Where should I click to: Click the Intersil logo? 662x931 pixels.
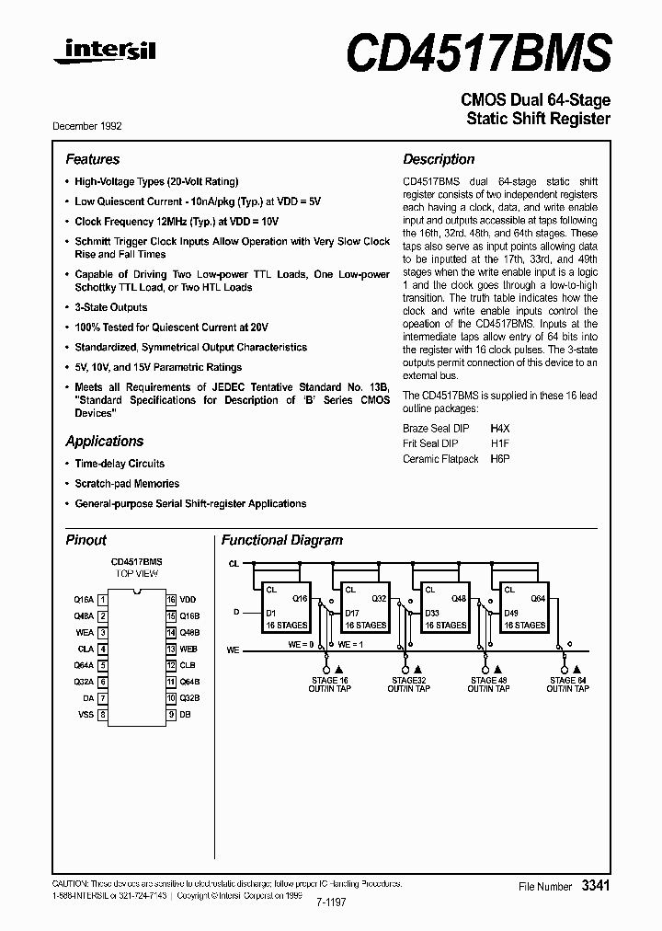click(104, 54)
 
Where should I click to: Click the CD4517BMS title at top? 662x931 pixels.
click(478, 52)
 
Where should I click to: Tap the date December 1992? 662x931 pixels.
click(87, 126)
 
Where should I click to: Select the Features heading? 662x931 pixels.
click(93, 159)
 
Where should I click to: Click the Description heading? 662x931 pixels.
click(439, 159)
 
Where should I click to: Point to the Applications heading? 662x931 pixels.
click(105, 442)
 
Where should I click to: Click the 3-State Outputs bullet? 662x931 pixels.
click(110, 307)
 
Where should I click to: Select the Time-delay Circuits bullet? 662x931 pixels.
click(120, 464)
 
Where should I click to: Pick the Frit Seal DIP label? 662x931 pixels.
click(430, 444)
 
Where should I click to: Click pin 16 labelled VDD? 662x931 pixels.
click(188, 599)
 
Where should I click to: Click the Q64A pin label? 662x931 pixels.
click(84, 665)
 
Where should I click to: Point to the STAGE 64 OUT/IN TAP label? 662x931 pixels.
click(567, 684)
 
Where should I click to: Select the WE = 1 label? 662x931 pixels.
click(351, 644)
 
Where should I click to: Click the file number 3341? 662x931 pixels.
click(595, 885)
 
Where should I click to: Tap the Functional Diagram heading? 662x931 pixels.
click(282, 541)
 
